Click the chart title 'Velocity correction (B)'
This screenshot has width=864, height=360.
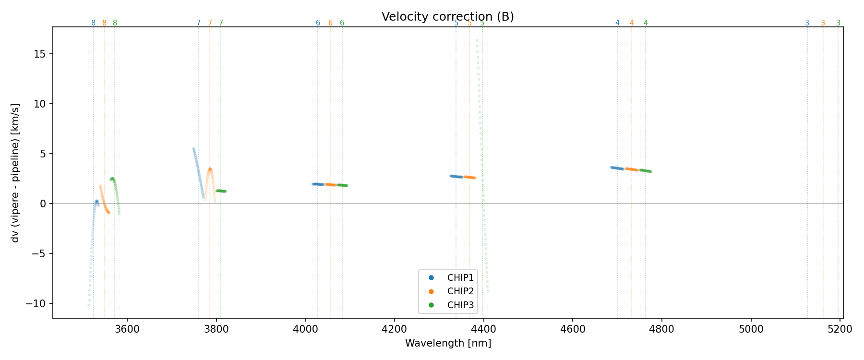tap(447, 17)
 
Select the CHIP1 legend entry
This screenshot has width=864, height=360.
tap(460, 277)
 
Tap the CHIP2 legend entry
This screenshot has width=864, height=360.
tap(460, 291)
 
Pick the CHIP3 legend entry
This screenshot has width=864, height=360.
tap(460, 305)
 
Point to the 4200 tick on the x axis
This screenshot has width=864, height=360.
tap(394, 329)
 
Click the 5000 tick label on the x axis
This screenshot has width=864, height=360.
tap(751, 329)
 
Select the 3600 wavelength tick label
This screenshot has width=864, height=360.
tap(127, 329)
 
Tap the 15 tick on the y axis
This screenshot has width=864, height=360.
tap(40, 54)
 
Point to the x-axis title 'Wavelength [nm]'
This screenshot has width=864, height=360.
tap(448, 343)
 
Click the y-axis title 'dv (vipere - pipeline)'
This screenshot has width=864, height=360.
tap(15, 173)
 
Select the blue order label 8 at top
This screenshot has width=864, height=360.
tap(93, 23)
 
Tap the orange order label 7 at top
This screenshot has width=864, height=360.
tap(210, 23)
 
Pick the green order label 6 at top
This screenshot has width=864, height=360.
tap(342, 23)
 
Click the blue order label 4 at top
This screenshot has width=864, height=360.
tap(617, 23)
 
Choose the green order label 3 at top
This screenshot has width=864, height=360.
tap(838, 23)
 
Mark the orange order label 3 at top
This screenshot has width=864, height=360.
tap(823, 23)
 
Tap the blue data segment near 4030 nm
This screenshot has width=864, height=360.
tap(318, 184)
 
